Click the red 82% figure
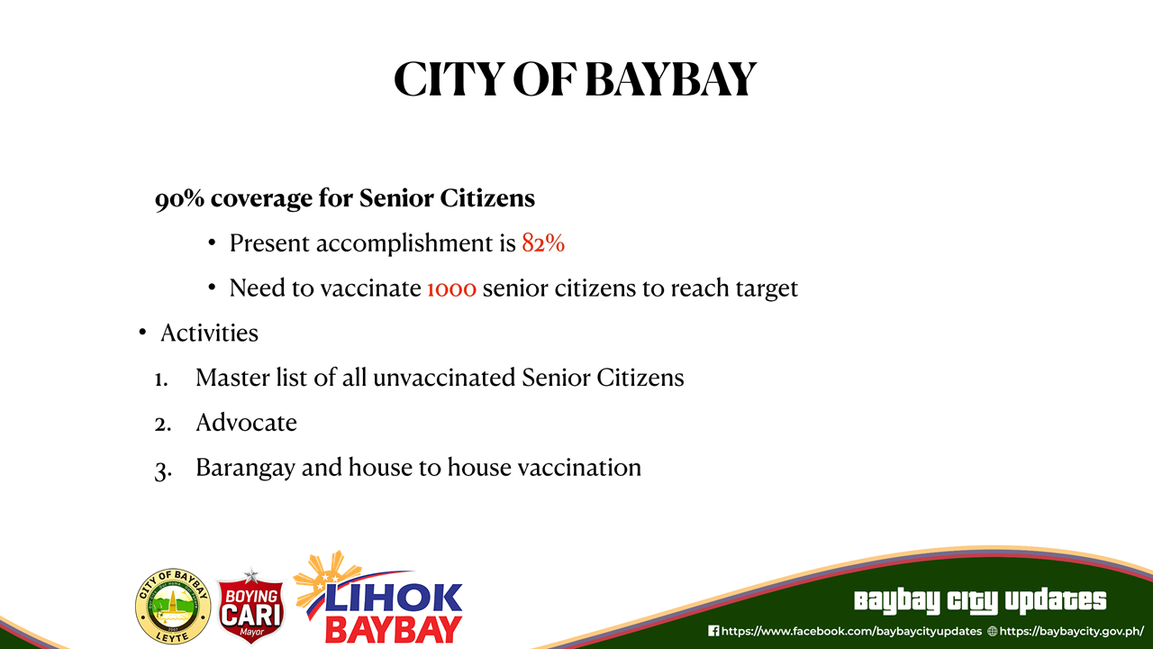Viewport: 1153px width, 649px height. pyautogui.click(x=543, y=242)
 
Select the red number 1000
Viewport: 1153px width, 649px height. pyautogui.click(x=452, y=288)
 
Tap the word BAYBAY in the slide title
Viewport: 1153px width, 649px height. pyautogui.click(x=671, y=79)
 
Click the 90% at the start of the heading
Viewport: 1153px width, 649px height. pyautogui.click(x=179, y=198)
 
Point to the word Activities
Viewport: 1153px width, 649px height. pyautogui.click(x=210, y=333)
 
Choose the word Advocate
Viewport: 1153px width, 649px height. pyautogui.click(x=246, y=423)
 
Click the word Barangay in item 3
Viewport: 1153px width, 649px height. pyautogui.click(x=245, y=468)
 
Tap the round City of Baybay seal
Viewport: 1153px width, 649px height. pyautogui.click(x=173, y=607)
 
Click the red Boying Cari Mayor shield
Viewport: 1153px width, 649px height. pyautogui.click(x=251, y=608)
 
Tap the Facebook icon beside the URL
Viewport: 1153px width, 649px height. pyautogui.click(x=713, y=631)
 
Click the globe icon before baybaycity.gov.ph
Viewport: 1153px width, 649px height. pyautogui.click(x=992, y=631)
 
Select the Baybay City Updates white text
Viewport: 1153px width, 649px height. pyautogui.click(x=980, y=601)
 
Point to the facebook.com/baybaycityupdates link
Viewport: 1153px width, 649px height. pyautogui.click(x=851, y=631)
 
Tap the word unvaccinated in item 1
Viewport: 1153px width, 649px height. pyautogui.click(x=444, y=378)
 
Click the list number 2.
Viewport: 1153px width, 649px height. pyautogui.click(x=163, y=424)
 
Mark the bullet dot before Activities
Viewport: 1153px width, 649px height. pyautogui.click(x=142, y=333)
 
